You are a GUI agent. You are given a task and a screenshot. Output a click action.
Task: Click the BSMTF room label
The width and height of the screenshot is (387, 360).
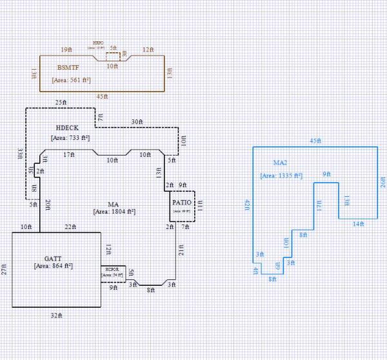(68, 68)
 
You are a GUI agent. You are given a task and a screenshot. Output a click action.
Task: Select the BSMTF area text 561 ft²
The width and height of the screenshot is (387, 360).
(71, 81)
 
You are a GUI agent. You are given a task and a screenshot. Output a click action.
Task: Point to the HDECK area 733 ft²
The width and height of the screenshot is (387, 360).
(70, 137)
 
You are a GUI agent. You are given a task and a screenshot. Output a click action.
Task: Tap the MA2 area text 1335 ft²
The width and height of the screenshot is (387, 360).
(281, 175)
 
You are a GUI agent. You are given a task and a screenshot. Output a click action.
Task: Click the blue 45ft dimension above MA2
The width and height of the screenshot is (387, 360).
(315, 141)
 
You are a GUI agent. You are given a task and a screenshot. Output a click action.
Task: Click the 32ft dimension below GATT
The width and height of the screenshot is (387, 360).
(56, 315)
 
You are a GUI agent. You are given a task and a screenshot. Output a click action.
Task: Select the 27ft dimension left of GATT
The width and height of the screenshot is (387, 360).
(5, 269)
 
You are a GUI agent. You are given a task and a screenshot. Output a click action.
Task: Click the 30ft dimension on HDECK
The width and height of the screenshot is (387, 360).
(137, 121)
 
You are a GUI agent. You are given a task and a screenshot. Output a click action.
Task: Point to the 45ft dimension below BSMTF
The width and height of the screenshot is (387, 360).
(101, 97)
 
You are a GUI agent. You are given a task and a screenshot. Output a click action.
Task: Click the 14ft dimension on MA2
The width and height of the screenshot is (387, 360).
(358, 224)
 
